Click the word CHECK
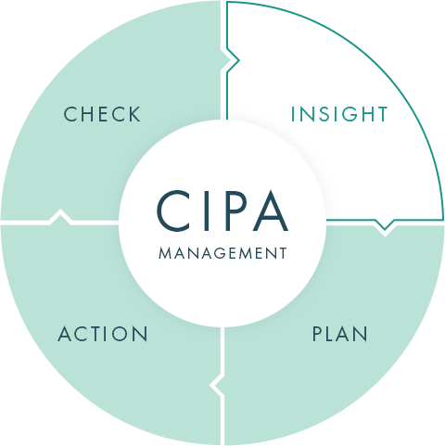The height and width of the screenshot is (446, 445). click(x=102, y=114)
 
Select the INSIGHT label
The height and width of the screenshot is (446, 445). click(x=339, y=114)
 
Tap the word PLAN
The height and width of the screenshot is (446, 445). click(x=340, y=334)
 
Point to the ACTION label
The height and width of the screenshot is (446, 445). click(x=103, y=334)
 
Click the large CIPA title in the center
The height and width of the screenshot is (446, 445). click(x=222, y=211)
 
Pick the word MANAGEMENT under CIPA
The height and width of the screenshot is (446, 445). click(x=222, y=253)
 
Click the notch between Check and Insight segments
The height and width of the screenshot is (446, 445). click(x=233, y=59)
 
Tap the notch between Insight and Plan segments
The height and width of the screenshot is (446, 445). click(x=385, y=225)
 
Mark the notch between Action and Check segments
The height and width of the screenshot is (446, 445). click(x=60, y=216)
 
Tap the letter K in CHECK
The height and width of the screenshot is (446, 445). click(x=134, y=114)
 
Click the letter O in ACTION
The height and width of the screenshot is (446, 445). click(x=120, y=334)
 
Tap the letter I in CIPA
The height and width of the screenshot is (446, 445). click(x=206, y=211)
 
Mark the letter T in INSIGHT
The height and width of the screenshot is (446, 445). click(x=381, y=114)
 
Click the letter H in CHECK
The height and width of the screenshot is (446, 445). click(x=87, y=114)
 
